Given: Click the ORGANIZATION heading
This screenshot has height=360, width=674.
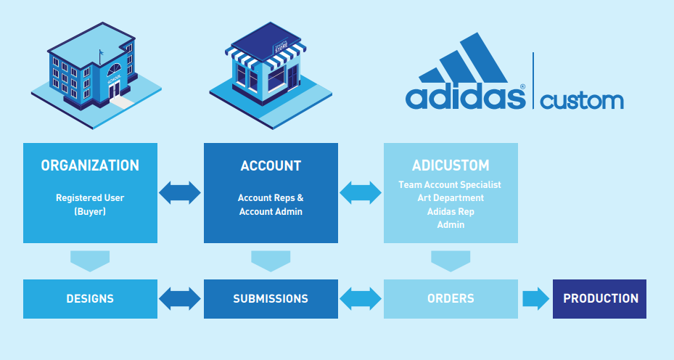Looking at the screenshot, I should (90, 165).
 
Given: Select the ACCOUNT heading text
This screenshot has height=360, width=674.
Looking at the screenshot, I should (271, 165).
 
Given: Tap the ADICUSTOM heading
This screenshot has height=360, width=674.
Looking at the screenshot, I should (450, 165).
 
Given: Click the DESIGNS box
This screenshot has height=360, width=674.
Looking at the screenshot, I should (90, 298).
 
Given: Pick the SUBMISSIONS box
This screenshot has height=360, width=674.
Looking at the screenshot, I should (271, 298).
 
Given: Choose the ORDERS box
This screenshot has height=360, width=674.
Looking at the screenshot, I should (451, 298).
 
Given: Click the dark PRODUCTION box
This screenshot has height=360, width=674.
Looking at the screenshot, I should (600, 298).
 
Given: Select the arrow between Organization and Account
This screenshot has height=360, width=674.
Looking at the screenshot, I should (180, 192).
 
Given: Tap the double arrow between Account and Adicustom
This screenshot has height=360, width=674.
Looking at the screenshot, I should (361, 192).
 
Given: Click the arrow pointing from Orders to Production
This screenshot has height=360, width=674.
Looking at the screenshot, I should (535, 298).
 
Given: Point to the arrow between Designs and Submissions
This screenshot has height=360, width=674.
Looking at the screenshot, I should (180, 298).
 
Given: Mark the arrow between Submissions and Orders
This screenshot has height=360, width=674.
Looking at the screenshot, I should (361, 298).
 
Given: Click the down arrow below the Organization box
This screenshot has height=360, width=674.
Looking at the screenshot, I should (90, 261).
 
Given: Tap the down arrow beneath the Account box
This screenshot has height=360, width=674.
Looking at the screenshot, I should (271, 261).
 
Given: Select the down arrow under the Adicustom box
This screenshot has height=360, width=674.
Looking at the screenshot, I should (451, 261).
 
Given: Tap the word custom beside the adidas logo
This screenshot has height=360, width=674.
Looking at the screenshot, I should (582, 99).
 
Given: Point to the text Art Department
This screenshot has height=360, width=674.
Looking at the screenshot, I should (450, 197).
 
